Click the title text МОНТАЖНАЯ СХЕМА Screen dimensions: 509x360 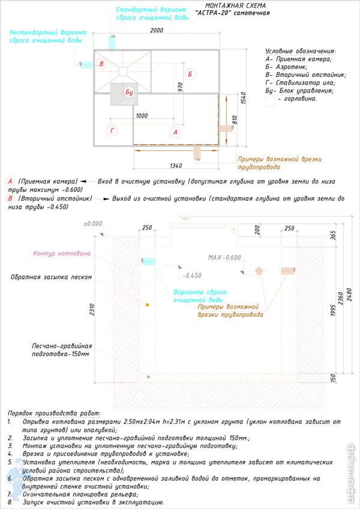pyautogui.click(x=230, y=5)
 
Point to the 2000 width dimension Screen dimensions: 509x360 pyautogui.click(x=157, y=31)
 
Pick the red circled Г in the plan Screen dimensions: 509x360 pyautogui.click(x=112, y=130)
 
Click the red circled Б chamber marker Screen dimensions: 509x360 pyautogui.click(x=190, y=74)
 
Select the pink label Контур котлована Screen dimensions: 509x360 pyautogui.click(x=62, y=253)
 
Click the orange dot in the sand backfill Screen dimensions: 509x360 pyautogui.click(x=146, y=306)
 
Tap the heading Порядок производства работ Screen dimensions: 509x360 pyautogui.click(x=55, y=414)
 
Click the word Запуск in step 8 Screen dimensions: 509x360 pyautogui.click(x=31, y=502)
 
